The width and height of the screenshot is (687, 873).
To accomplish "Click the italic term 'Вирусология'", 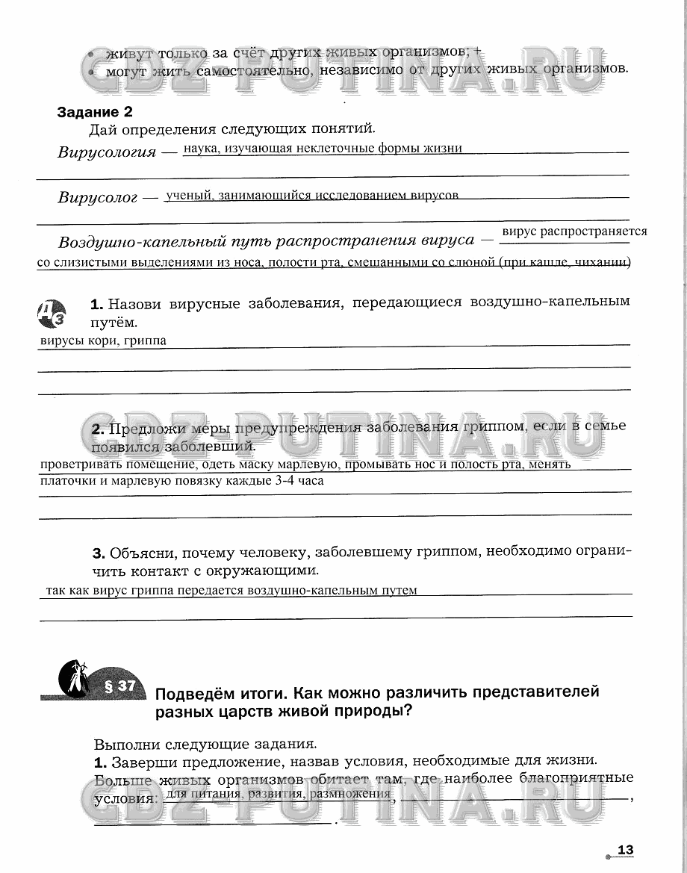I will (107, 152).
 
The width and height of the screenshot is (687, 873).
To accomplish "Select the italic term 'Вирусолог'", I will (98, 198).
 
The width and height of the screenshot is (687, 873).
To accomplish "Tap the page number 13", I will (625, 850).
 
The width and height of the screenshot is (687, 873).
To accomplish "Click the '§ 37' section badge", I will (119, 686).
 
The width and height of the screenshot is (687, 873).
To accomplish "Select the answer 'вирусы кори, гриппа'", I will (102, 341).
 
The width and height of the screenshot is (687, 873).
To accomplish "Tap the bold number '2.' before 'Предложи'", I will (98, 429).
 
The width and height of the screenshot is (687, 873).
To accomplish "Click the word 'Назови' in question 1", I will (137, 303).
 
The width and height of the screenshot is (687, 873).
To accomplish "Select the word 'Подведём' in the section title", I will (194, 692).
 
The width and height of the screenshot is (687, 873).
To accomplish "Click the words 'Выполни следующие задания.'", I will (205, 744).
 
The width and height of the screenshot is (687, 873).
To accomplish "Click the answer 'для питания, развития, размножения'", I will (279, 794).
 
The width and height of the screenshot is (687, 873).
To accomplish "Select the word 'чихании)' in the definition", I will (606, 262).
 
